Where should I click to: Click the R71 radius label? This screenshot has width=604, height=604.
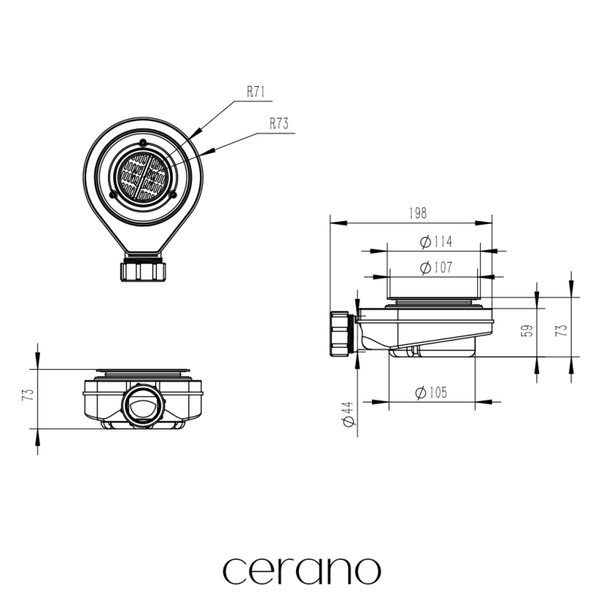pyautogui.click(x=256, y=91)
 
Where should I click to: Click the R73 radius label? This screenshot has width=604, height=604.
pyautogui.click(x=279, y=124)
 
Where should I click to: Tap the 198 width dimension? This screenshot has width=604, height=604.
pyautogui.click(x=418, y=213)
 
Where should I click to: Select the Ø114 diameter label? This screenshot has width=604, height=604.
pyautogui.click(x=436, y=242)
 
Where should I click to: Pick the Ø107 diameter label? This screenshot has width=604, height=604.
pyautogui.click(x=436, y=267)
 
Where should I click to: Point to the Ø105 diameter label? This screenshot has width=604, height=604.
pyautogui.click(x=431, y=393)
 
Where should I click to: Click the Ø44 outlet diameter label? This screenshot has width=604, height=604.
pyautogui.click(x=348, y=414)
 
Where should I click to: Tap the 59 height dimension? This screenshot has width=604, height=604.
pyautogui.click(x=529, y=331)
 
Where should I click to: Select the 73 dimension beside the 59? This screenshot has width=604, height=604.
pyautogui.click(x=562, y=331)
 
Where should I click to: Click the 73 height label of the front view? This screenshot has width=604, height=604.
pyautogui.click(x=29, y=395)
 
